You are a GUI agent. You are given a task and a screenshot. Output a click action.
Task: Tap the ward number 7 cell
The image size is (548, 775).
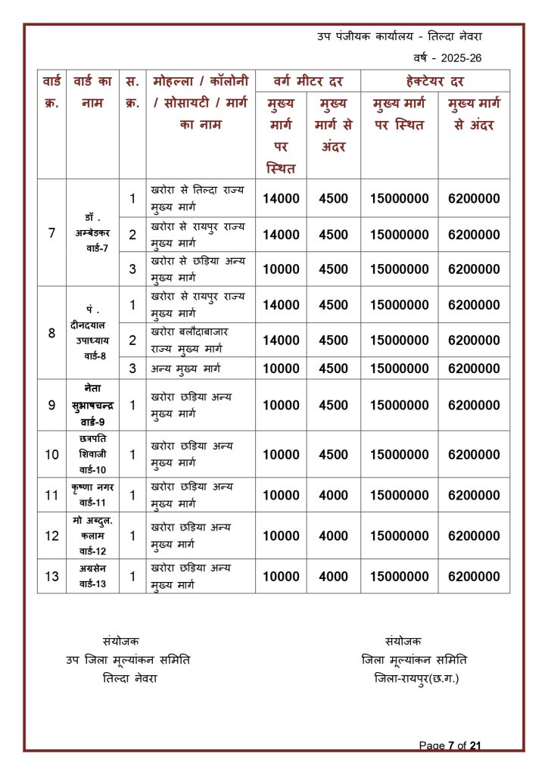pyautogui.click(x=51, y=233)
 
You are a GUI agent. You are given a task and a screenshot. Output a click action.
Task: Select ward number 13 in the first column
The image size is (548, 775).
pyautogui.click(x=51, y=576)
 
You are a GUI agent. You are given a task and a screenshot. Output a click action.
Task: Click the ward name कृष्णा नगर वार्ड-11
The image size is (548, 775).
pyautogui.click(x=93, y=495)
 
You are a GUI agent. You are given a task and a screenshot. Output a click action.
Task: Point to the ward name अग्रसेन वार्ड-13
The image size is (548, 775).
pyautogui.click(x=93, y=576)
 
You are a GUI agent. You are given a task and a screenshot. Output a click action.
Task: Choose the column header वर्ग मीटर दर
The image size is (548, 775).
pyautogui.click(x=307, y=81)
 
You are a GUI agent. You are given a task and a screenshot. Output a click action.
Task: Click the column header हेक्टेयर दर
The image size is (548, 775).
pyautogui.click(x=434, y=81)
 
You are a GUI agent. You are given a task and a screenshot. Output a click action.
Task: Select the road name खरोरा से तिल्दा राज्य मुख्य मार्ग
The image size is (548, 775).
pyautogui.click(x=198, y=198)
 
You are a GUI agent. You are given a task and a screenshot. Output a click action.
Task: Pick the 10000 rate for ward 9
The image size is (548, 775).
pyautogui.click(x=281, y=405)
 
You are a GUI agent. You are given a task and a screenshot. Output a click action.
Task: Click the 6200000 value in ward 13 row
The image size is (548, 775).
pyautogui.click(x=474, y=576)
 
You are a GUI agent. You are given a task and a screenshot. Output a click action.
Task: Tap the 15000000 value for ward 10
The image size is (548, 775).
pyautogui.click(x=400, y=455)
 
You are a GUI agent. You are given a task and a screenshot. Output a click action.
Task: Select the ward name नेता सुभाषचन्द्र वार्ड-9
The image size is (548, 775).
pyautogui.click(x=93, y=405)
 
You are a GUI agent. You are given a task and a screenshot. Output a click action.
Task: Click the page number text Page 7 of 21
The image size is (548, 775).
pyautogui.click(x=450, y=745)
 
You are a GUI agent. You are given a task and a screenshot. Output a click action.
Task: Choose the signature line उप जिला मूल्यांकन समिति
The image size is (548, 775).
pyautogui.click(x=128, y=660)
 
